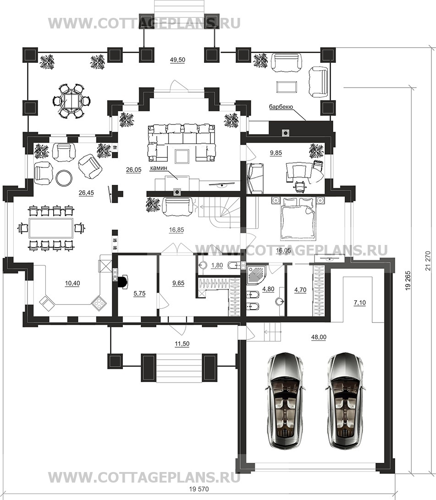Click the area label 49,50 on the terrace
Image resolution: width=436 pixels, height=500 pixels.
pyautogui.click(x=177, y=60)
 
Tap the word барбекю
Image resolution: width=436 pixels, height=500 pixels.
pyautogui.click(x=281, y=107)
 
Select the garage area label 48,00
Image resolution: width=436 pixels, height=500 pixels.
pyautogui.click(x=319, y=337)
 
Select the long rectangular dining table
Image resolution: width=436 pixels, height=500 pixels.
pyautogui.click(x=51, y=228)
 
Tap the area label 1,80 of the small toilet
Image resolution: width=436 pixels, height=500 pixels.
pyautogui.click(x=217, y=265)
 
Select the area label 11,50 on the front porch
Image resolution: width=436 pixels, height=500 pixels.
pyautogui.click(x=182, y=344)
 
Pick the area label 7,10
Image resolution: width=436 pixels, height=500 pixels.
pyautogui.click(x=360, y=303)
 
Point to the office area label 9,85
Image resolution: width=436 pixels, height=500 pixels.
pyautogui.click(x=276, y=153)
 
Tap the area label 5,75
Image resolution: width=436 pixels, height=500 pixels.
pyautogui.click(x=139, y=294)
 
